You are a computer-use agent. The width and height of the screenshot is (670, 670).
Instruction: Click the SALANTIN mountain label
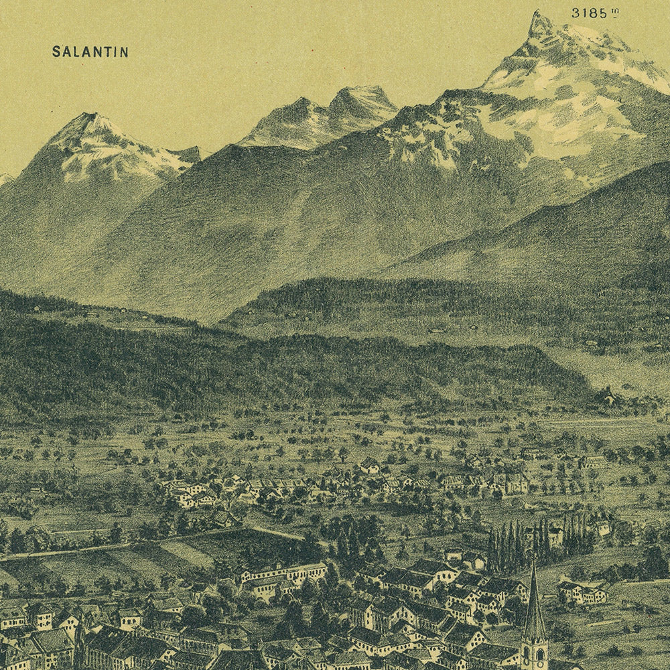tap(90, 52)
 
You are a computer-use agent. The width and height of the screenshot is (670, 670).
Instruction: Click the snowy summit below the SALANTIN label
tap(90, 117)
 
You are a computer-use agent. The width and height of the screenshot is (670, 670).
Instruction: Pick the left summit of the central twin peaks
tap(303, 100)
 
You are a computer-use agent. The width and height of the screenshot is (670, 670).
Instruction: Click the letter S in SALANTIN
tap(56, 52)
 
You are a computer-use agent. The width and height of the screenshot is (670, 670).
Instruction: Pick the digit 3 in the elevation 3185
tap(576, 13)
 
